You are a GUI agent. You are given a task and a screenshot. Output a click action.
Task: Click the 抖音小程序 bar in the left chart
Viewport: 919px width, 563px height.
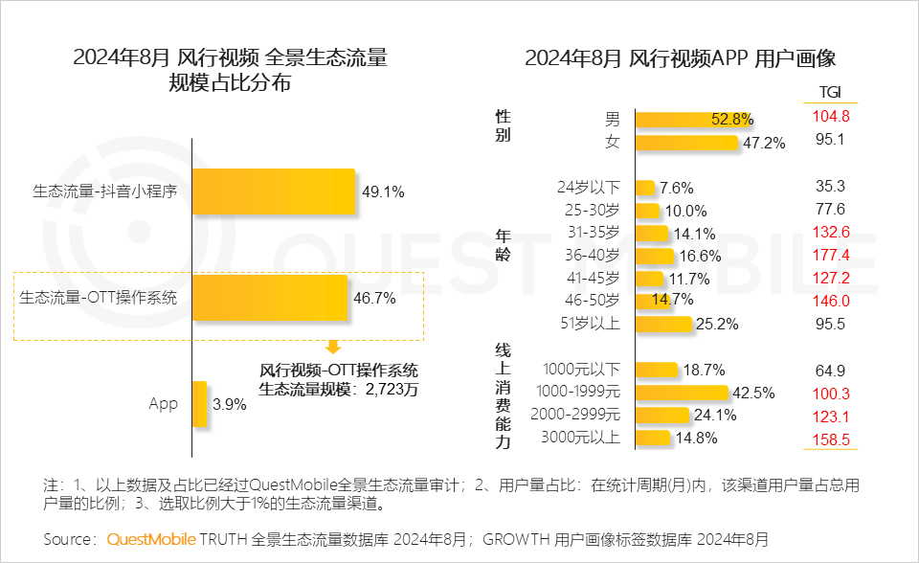(x=274, y=191)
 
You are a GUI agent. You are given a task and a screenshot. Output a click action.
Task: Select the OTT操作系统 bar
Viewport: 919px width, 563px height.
(x=270, y=298)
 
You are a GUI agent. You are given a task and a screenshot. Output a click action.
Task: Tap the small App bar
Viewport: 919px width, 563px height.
(x=199, y=404)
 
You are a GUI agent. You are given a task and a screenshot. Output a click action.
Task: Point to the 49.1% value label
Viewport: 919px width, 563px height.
(x=383, y=191)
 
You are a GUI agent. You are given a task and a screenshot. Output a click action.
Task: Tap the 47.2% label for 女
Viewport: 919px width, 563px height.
(x=764, y=143)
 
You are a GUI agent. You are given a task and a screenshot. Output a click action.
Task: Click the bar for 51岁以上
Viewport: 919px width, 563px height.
(x=662, y=324)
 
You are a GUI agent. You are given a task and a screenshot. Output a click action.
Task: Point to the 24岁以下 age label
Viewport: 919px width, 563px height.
(x=589, y=187)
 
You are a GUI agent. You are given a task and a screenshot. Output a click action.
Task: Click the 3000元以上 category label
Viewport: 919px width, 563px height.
(x=582, y=439)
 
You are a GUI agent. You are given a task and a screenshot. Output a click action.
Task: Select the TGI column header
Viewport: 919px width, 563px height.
(x=829, y=92)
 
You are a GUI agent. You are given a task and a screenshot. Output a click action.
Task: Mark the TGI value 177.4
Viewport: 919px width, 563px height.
(x=829, y=255)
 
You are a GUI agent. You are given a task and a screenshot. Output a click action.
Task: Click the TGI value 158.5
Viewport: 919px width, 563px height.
(x=829, y=439)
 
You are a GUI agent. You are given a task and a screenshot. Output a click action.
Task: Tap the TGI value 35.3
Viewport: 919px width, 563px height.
(x=829, y=186)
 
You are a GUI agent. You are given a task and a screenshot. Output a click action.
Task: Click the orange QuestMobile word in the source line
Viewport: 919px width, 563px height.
(x=151, y=539)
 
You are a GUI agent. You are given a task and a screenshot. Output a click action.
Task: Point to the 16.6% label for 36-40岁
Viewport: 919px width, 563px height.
(x=702, y=256)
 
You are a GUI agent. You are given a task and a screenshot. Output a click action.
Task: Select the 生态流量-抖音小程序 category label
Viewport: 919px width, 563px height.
(x=105, y=191)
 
